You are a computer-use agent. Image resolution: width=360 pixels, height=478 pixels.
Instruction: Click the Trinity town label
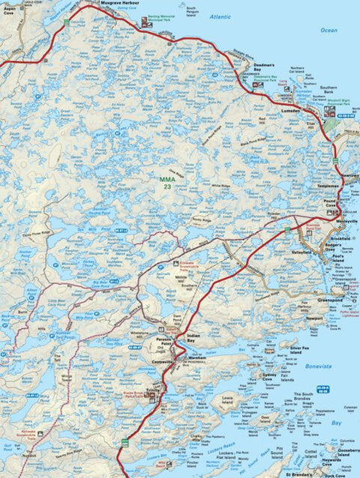156,390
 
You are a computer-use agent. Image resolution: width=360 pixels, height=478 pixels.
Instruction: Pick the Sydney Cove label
269,375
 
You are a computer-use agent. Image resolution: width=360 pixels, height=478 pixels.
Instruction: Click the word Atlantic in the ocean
221,16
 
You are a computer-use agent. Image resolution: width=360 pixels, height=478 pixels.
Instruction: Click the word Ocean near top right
328,31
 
